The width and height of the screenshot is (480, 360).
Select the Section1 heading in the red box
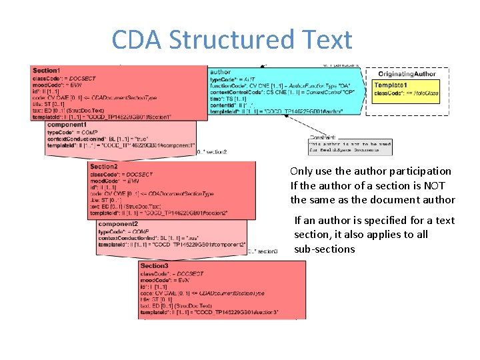(x=46, y=71)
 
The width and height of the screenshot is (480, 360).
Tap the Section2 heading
(x=103, y=167)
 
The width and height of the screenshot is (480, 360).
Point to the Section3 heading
(x=154, y=266)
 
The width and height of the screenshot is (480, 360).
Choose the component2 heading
(x=118, y=224)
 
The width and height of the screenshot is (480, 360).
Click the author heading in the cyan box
(x=220, y=72)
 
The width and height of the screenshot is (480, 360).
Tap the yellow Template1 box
(x=406, y=89)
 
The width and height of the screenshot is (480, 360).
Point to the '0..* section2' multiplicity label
(x=212, y=152)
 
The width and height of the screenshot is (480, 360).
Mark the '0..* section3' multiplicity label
(x=263, y=251)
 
